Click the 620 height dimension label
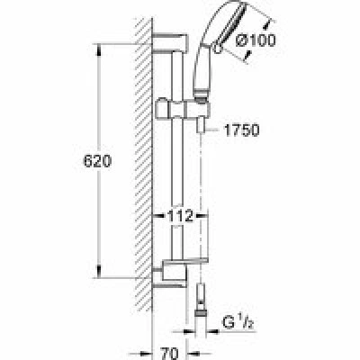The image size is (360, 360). pos(97,161)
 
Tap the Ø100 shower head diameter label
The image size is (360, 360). pos(256,40)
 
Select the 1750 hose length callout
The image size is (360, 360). pos(241,130)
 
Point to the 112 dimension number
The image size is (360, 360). pos(180,216)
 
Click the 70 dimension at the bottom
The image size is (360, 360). pos(170,354)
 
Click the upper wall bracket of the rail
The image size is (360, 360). pos(170,43)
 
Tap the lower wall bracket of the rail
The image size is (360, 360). pos(170,276)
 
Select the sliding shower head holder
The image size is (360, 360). pos(183,110)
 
